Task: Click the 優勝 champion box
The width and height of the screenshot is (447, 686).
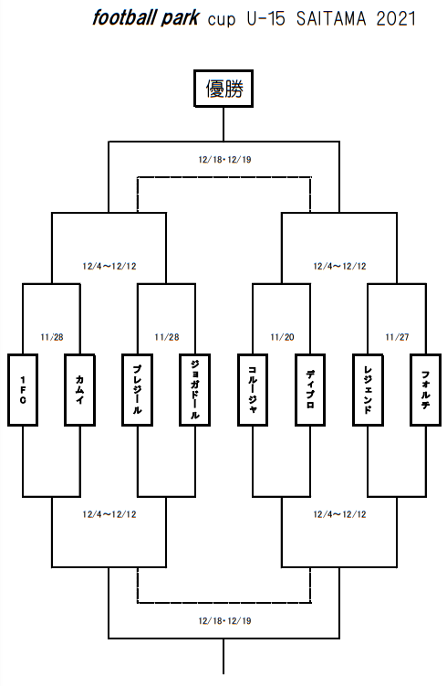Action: click(223, 89)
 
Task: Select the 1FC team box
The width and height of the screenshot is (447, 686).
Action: click(23, 390)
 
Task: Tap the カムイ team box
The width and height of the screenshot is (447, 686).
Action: click(80, 390)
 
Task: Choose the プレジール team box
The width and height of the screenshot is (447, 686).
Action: click(137, 390)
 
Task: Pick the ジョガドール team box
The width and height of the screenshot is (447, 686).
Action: click(195, 390)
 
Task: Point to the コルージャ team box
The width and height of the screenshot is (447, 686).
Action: click(253, 390)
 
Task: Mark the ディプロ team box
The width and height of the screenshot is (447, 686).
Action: click(310, 390)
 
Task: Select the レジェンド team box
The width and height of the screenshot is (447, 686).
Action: click(368, 390)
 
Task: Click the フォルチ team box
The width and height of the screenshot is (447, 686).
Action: click(426, 390)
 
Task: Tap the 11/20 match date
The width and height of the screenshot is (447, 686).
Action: click(282, 337)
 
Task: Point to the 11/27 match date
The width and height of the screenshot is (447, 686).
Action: click(397, 337)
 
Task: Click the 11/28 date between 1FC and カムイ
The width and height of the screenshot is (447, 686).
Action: click(52, 337)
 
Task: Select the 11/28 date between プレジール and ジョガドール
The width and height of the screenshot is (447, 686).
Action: click(167, 337)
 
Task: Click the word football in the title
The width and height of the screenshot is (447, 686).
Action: click(124, 18)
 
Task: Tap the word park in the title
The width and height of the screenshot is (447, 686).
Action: click(181, 19)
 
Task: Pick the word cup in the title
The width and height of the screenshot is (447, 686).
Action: click(222, 20)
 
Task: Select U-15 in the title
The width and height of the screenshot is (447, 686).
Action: click(265, 19)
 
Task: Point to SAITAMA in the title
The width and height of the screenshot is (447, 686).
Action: click(332, 19)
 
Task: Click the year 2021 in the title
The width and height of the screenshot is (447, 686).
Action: click(396, 19)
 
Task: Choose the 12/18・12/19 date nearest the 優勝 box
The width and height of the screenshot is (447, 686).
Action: click(225, 159)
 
